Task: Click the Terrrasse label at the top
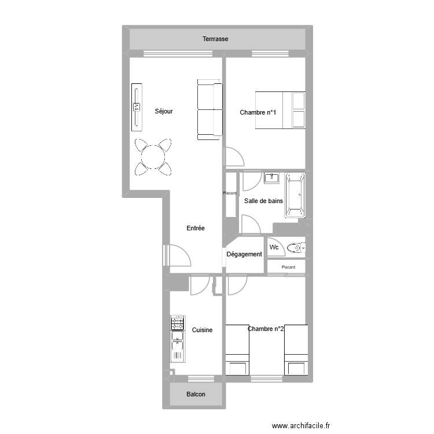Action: (x=215, y=39)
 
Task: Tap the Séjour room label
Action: (x=164, y=112)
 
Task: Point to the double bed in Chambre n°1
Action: (x=280, y=110)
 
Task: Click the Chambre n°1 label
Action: (x=258, y=112)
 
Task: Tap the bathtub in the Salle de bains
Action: (x=295, y=196)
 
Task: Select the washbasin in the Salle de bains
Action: (x=272, y=178)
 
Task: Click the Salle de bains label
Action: (x=263, y=201)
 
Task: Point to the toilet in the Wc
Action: (x=296, y=248)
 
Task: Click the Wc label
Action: (x=274, y=248)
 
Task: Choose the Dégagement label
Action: (x=244, y=255)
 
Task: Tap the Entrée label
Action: (x=196, y=229)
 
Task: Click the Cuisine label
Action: (x=202, y=330)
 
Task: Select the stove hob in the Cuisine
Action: (x=177, y=322)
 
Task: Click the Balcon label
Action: (x=196, y=395)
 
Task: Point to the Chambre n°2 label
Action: (x=266, y=329)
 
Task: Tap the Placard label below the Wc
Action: (x=288, y=267)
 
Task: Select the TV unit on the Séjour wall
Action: (x=137, y=108)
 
